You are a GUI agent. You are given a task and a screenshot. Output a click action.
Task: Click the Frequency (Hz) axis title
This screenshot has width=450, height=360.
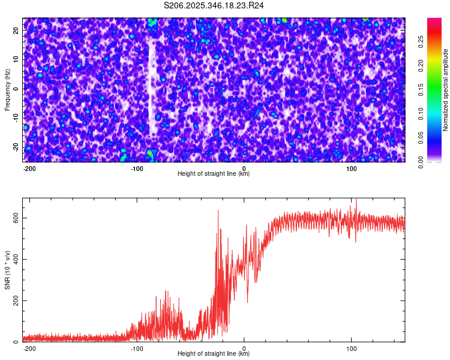point(7,89)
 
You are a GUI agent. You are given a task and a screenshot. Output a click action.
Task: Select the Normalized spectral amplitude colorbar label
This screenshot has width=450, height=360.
point(446,90)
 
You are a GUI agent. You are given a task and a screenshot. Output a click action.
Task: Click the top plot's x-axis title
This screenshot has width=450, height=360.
point(214,173)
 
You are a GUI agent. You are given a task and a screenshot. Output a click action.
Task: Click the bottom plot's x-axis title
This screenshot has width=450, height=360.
point(214,354)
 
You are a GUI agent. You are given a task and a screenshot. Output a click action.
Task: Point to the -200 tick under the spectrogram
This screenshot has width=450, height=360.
point(29,168)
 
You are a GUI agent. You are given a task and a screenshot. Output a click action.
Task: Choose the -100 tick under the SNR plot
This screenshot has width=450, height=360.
point(137,348)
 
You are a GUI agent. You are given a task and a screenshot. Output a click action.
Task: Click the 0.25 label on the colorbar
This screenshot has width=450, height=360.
point(421,41)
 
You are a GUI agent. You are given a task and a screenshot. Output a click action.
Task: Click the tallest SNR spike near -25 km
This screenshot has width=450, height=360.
point(218,211)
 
